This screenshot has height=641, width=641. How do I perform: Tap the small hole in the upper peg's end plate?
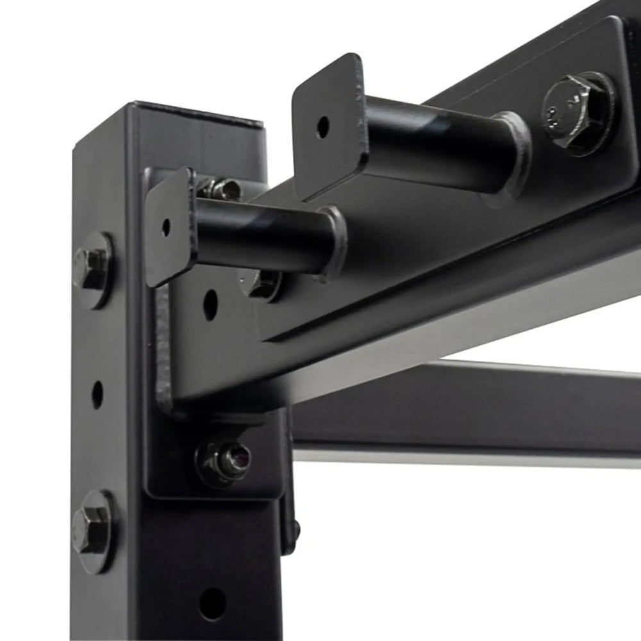click(322, 126)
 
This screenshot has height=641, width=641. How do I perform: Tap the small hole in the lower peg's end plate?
click(167, 227)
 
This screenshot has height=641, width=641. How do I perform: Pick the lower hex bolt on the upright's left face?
click(90, 529)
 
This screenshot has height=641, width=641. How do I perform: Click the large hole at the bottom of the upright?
click(212, 603)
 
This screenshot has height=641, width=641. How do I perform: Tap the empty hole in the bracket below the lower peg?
click(210, 304)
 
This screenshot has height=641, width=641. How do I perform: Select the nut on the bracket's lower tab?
click(224, 460)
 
